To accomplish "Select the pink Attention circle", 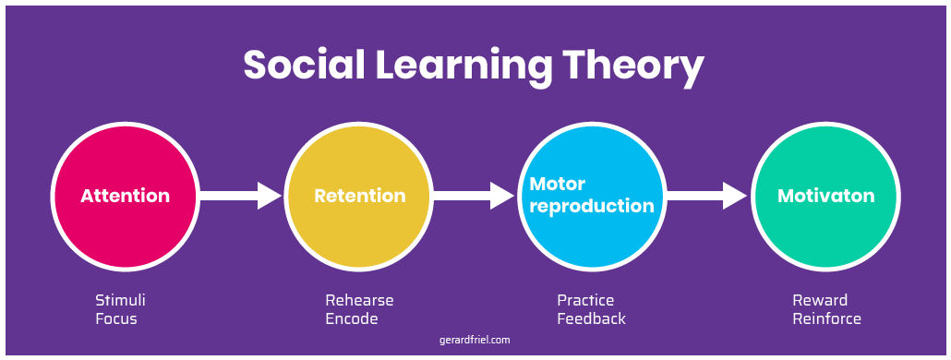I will click(125, 196).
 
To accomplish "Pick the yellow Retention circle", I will click(359, 196).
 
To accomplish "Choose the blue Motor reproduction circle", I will click(592, 196).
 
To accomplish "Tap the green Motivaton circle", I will click(825, 196).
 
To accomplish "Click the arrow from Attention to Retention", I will click(241, 196).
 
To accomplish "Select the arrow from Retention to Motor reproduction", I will click(474, 196).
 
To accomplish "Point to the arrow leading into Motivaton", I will click(707, 196).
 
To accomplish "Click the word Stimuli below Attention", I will click(121, 301).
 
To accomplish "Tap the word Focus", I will click(116, 319).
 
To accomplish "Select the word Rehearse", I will click(359, 301).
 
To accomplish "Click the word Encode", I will click(352, 319).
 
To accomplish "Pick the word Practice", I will click(585, 301).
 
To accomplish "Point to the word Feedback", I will click(591, 319).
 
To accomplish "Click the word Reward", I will click(820, 301).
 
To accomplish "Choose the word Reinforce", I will click(826, 319).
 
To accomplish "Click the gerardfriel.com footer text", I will click(475, 340).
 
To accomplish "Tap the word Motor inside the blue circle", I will click(558, 184).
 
